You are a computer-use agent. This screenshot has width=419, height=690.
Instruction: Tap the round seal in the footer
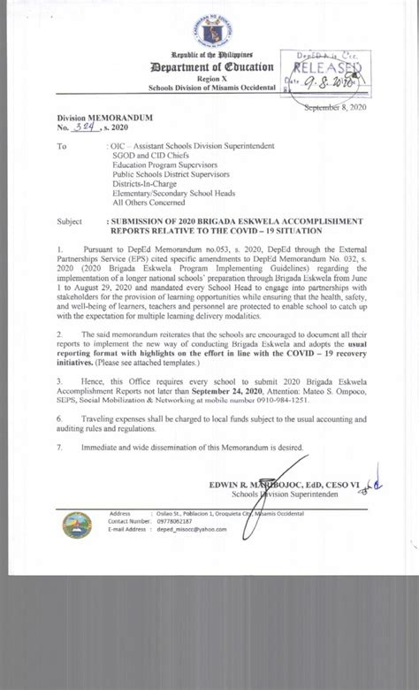click(78, 525)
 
